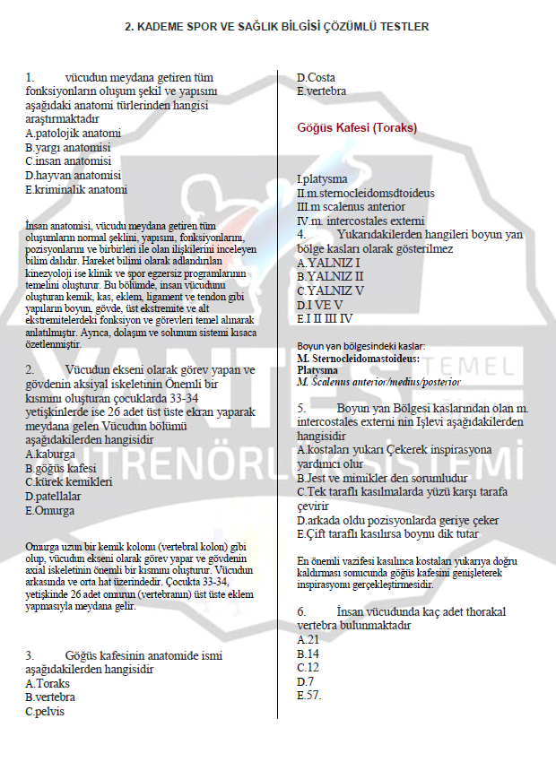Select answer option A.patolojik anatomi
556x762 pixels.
click(73, 133)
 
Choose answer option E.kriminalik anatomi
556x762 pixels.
click(76, 189)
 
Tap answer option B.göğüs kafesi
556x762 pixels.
click(60, 468)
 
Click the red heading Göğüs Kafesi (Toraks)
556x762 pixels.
click(357, 127)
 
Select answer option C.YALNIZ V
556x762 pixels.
click(330, 290)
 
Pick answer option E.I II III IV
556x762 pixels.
click(325, 318)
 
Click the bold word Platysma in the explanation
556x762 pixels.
click(317, 369)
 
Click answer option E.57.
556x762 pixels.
click(308, 696)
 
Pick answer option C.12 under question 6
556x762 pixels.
click(308, 668)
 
